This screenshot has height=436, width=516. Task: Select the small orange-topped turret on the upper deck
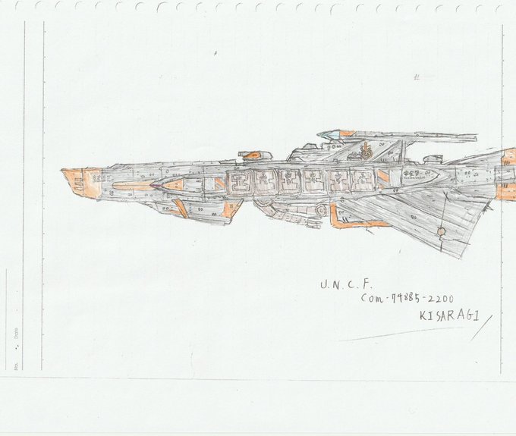(251, 155)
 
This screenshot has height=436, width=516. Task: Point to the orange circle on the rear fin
(441, 231)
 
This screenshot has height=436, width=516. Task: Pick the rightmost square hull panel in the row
(363, 180)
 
